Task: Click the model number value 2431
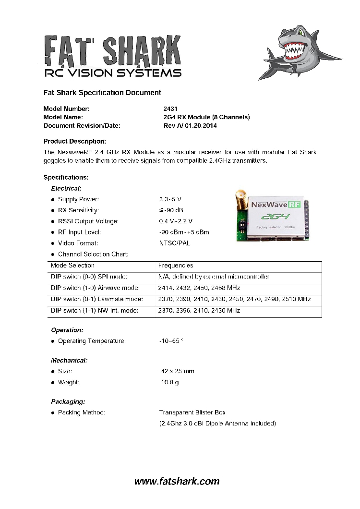coord(170,109)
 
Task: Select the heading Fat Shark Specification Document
coord(102,92)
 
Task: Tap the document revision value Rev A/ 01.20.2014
coord(191,126)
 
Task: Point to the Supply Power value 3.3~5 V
coord(170,199)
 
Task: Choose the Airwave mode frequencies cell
coord(199,288)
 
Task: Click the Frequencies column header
coord(176,266)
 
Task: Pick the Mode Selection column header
coord(72,266)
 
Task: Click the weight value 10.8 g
coord(169,382)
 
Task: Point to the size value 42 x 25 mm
coord(178,371)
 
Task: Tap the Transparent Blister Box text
coord(192,412)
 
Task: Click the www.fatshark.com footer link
coord(177,481)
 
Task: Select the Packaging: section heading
coord(68,401)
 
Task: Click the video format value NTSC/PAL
coord(175,243)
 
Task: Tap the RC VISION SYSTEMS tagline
coord(112,73)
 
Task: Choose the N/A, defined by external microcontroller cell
coord(214,277)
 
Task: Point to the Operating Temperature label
coord(92,341)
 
